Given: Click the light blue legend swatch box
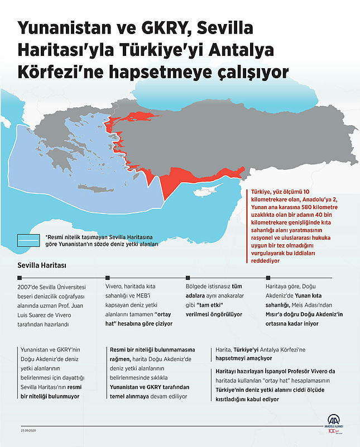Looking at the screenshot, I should click(x=28, y=240).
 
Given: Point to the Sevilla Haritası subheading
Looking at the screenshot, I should click(x=42, y=265).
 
